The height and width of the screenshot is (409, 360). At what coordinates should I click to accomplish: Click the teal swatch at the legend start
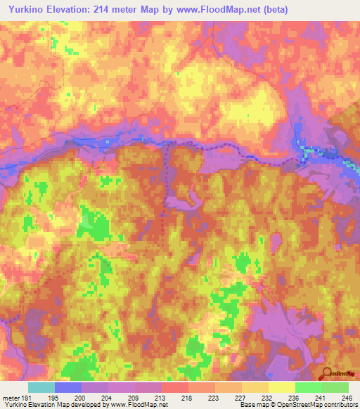41,387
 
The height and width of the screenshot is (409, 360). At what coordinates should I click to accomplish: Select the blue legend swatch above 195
68,387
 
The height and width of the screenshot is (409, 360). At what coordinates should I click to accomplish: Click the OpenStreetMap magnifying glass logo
326,375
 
